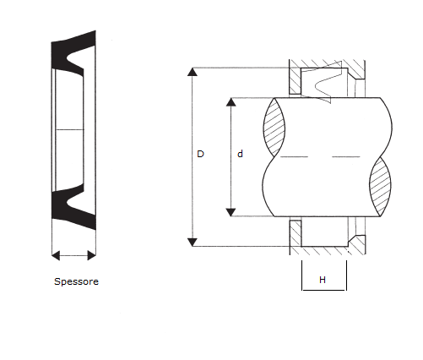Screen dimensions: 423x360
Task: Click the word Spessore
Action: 76,281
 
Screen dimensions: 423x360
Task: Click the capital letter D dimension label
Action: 200,154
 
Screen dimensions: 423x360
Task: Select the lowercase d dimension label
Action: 240,154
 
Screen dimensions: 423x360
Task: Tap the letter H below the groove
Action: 323,280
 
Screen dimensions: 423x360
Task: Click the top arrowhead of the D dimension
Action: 193,72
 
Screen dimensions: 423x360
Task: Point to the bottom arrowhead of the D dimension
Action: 193,243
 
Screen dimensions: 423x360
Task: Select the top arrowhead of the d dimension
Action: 231,102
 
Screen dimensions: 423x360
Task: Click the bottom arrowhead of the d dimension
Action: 231,212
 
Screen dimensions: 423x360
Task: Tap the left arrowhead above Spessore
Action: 56,255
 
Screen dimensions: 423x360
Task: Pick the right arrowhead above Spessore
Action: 92,255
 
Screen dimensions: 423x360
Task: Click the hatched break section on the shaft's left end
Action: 274,128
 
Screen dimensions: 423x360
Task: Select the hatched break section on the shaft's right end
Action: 380,187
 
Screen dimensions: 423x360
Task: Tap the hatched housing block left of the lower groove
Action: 296,234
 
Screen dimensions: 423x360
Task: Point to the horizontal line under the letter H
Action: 324,290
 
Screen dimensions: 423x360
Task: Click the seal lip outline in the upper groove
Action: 323,82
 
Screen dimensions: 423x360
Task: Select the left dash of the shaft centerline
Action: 295,156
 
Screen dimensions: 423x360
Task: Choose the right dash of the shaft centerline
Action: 346,156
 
